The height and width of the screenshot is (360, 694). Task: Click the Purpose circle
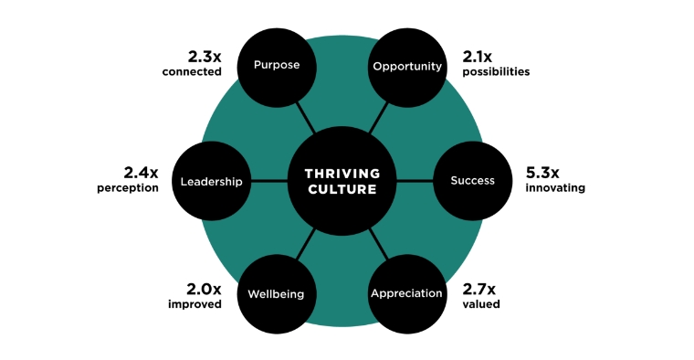coord(276,67)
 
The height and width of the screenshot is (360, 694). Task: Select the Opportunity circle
coord(406,67)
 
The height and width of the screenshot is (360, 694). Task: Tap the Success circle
coord(472,181)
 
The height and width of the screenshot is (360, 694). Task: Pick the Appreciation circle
coord(406,293)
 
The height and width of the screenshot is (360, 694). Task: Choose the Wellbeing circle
coord(276,294)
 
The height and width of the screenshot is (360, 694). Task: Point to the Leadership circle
coord(211,181)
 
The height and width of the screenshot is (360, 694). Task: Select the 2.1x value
coord(479,56)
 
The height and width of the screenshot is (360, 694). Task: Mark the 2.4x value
coord(141,172)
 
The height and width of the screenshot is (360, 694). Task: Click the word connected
coord(193,72)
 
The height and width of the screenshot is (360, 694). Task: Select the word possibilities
coord(495,72)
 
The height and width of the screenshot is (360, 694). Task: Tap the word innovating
coord(555,188)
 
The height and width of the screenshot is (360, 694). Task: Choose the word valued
coord(481,304)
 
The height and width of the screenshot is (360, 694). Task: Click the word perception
coord(128,188)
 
